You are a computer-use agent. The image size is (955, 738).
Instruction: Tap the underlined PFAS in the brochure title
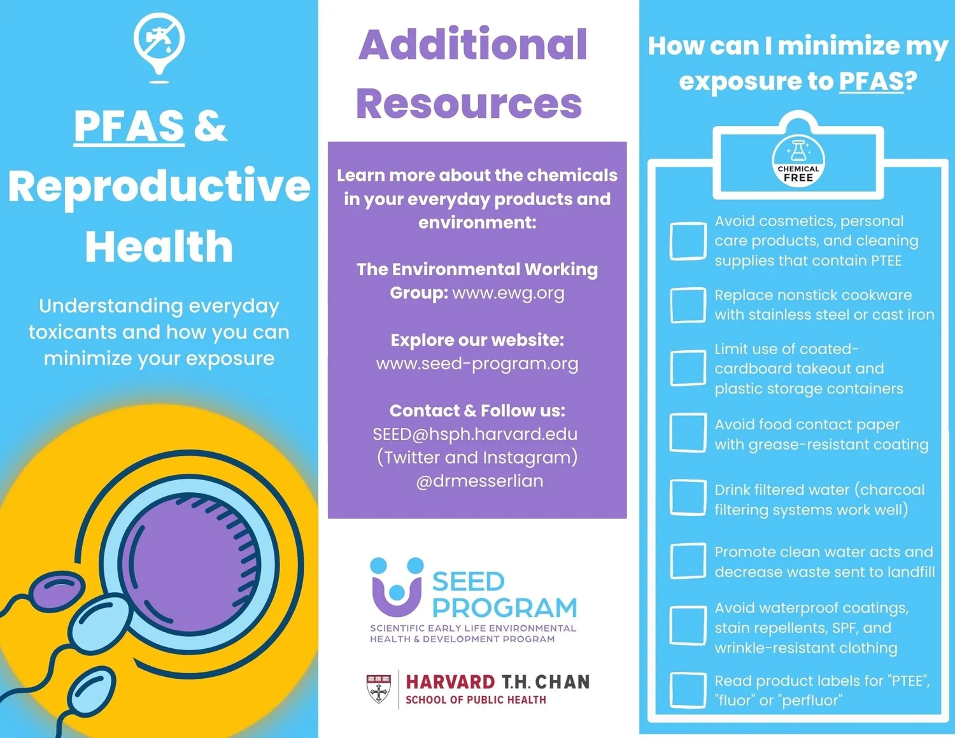(x=129, y=126)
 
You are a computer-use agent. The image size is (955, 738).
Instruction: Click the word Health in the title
(x=159, y=247)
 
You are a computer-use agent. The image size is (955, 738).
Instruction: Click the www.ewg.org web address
(x=508, y=293)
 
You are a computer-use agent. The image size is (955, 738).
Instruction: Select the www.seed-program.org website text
(x=477, y=364)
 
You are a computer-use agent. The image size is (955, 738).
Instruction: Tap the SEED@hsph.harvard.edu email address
(x=475, y=434)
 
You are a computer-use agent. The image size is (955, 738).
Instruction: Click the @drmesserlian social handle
(x=479, y=481)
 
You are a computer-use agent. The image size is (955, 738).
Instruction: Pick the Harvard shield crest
(x=379, y=688)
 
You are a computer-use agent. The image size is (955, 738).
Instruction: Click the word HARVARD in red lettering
(x=450, y=682)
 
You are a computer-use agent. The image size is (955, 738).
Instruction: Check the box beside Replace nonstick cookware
(x=688, y=305)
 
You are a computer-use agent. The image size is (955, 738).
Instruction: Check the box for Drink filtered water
(x=688, y=497)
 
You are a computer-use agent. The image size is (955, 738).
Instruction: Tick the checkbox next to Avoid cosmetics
(x=688, y=241)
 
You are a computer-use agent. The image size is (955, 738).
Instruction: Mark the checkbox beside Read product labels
(x=688, y=690)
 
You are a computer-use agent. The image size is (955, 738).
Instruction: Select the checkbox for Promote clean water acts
(x=688, y=561)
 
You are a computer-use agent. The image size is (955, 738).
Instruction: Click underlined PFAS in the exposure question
(x=871, y=81)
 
